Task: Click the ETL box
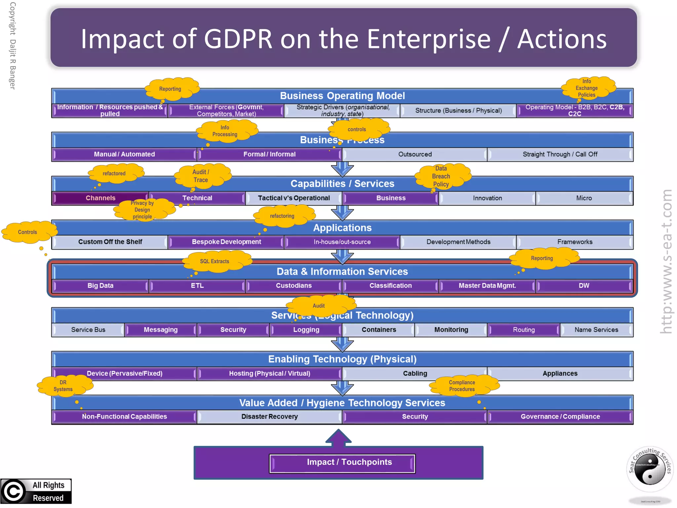click(x=197, y=286)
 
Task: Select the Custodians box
click(x=294, y=286)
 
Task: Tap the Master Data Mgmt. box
click(x=487, y=286)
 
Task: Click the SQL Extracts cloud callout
click(x=215, y=261)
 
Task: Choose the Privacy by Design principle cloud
click(x=142, y=210)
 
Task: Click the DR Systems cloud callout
click(x=63, y=386)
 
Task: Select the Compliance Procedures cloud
click(x=462, y=386)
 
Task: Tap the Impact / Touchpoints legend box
click(x=342, y=463)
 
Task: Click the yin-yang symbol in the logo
click(x=650, y=470)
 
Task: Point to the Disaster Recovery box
click(x=269, y=417)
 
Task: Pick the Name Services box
click(x=596, y=330)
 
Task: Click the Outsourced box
click(x=415, y=154)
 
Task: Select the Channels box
click(x=100, y=198)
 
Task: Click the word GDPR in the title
click(x=238, y=39)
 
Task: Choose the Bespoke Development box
click(x=226, y=242)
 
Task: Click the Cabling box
click(x=415, y=374)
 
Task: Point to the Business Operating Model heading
click(x=342, y=96)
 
